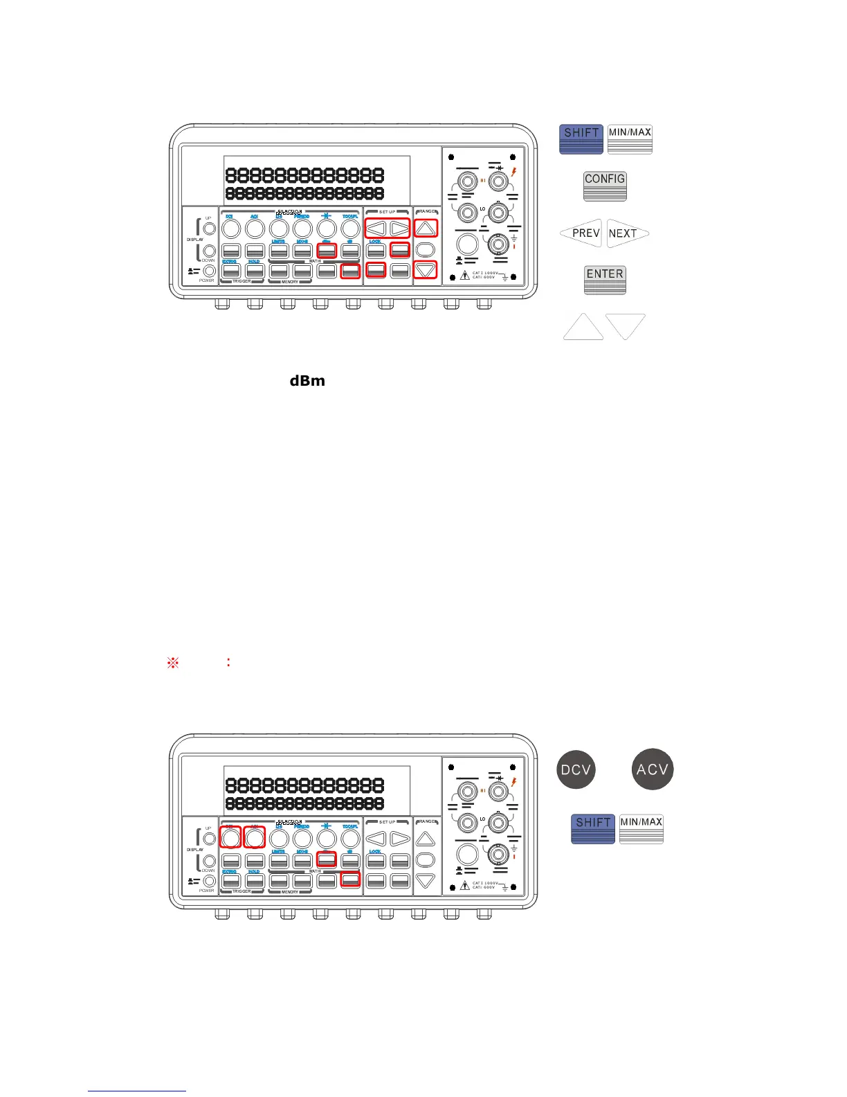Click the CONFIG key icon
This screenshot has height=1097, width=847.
coord(605,186)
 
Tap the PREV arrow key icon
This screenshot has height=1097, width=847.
coord(581,233)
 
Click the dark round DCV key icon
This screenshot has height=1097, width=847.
coord(576,769)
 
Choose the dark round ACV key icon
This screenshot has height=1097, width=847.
coord(653,769)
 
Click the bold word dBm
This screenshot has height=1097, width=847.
coord(307,381)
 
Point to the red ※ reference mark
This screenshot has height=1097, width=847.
coord(173,663)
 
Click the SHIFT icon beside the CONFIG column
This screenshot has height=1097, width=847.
coord(581,139)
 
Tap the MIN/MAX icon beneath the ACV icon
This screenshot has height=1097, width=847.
coord(641,829)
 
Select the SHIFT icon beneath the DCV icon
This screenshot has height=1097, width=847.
coord(593,829)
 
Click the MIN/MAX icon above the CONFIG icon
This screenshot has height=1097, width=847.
coord(630,139)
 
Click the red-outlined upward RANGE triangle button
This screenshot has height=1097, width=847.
coord(426,228)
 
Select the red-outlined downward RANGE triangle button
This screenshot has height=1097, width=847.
coord(426,270)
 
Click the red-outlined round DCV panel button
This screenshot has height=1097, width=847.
coord(230,837)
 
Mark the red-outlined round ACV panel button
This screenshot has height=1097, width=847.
coord(255,837)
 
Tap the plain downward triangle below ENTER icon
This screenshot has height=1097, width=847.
coord(626,326)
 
